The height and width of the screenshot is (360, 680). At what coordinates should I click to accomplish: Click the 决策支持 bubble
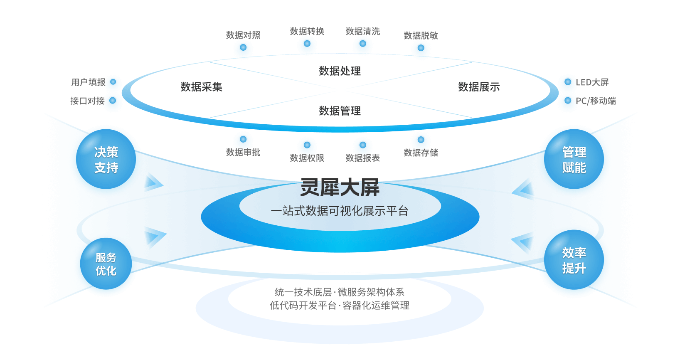[x=106, y=160]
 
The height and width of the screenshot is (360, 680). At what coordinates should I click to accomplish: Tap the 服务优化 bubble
[x=106, y=264]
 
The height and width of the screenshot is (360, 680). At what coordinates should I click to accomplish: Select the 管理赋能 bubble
[x=574, y=160]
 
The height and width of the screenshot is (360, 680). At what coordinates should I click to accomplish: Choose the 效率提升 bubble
[x=574, y=261]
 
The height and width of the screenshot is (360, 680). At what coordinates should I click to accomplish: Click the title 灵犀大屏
[x=340, y=188]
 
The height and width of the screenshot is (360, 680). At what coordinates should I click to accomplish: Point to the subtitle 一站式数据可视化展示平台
[x=340, y=211]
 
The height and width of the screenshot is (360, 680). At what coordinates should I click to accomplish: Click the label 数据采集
[x=202, y=87]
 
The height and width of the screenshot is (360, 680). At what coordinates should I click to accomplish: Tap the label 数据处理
[x=340, y=71]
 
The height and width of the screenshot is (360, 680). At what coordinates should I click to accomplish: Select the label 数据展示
[x=479, y=87]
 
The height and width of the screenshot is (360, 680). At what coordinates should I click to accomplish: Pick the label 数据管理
[x=340, y=111]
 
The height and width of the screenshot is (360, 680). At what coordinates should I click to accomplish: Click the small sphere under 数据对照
[x=243, y=49]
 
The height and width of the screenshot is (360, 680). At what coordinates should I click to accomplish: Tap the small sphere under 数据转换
[x=307, y=45]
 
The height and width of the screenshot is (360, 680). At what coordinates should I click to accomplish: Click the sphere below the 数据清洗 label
[x=363, y=45]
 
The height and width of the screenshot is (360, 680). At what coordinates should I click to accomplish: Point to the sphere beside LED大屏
[x=567, y=83]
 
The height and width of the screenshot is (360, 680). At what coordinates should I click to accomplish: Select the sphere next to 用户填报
[x=113, y=83]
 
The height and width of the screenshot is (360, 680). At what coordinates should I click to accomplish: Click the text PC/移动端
[x=596, y=101]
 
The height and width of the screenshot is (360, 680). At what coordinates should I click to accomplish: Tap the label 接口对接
[x=87, y=101]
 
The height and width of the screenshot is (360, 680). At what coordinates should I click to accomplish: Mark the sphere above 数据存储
[x=421, y=141]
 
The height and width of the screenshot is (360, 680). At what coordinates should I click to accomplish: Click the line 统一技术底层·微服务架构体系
[x=340, y=292]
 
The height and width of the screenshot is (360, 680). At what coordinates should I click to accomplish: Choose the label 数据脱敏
[x=421, y=36]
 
